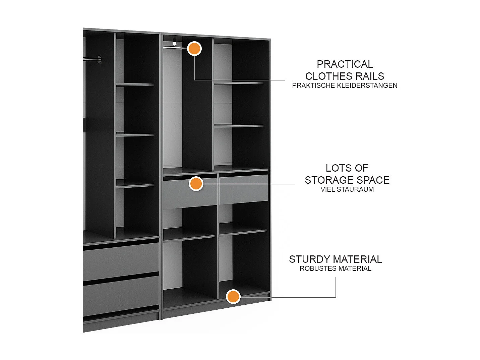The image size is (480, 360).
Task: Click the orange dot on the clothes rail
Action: (194, 49)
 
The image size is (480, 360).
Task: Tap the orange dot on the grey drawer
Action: (196, 184)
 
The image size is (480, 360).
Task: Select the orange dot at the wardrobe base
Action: (233, 297)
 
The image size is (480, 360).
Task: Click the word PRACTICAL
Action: (345, 64)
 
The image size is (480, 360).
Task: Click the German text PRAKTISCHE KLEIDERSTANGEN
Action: (345, 85)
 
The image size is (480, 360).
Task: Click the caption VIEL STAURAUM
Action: (347, 189)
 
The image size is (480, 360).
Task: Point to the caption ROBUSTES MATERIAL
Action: (336, 268)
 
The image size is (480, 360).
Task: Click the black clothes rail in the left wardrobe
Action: (91, 59)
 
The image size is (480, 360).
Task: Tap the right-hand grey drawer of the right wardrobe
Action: (244, 188)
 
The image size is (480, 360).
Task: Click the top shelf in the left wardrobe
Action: (135, 84)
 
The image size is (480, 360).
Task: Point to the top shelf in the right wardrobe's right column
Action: (239, 83)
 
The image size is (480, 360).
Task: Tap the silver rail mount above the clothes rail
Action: (174, 42)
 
